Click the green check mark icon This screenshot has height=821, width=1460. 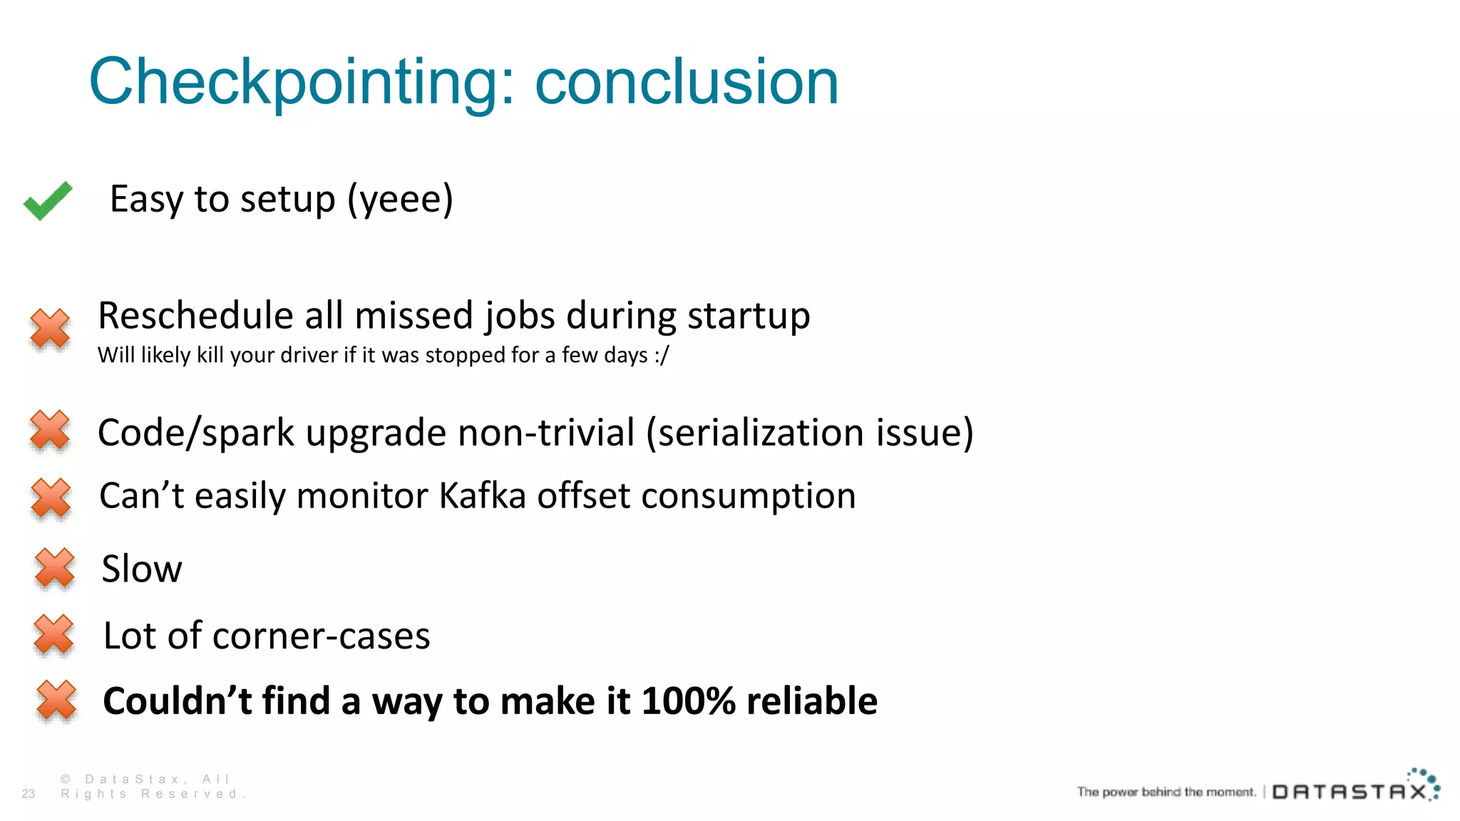48,200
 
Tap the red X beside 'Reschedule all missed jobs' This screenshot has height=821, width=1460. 50,329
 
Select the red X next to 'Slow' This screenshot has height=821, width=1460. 55,568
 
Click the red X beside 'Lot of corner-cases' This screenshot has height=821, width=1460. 53,634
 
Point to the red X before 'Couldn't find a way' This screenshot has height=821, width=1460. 56,700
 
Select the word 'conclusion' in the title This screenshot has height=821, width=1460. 687,83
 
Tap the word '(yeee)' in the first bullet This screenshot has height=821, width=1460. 400,200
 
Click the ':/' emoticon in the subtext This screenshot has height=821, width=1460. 662,355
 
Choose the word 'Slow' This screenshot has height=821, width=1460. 142,569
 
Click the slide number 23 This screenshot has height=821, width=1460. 29,793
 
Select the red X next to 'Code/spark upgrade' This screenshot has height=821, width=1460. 50,430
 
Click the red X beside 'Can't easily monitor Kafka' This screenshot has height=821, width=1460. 51,497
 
